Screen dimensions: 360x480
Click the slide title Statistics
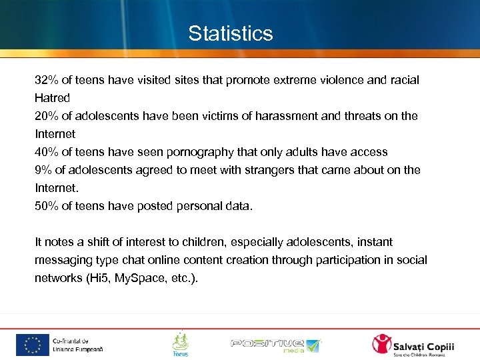click(231, 33)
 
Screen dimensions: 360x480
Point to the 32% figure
click(46, 80)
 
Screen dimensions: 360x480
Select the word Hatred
click(52, 98)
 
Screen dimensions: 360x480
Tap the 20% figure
click(46, 116)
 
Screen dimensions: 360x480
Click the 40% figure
click(46, 152)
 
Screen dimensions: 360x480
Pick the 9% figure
click(43, 170)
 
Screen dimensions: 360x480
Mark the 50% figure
click(46, 206)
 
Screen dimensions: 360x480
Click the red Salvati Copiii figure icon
click(383, 344)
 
